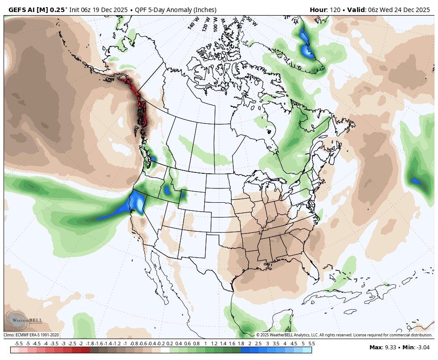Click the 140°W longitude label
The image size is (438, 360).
coord(192,24)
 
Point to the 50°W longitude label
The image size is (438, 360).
coord(251,21)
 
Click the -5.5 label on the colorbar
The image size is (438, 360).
coord(19,344)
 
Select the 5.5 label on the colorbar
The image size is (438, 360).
coord(312,344)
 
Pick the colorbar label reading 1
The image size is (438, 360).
coord(205,344)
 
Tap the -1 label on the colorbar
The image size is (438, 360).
coord(125,344)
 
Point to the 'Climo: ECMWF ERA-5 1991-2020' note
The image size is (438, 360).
coord(31,335)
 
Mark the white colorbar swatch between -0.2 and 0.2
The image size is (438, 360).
coord(165,350)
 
